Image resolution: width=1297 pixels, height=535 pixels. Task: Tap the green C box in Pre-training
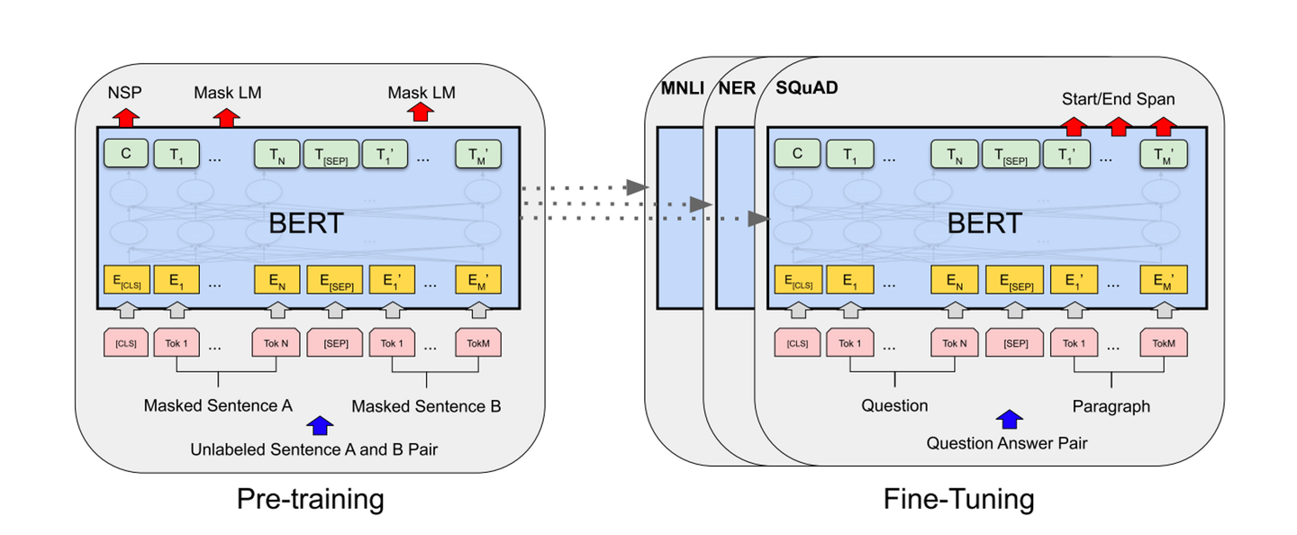click(126, 154)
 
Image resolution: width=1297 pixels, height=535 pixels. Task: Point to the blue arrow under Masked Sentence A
click(318, 424)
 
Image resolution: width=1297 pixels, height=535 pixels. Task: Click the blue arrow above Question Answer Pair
click(1010, 419)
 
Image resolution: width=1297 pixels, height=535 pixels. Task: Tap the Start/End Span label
click(1118, 98)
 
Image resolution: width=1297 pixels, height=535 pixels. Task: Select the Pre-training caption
click(310, 498)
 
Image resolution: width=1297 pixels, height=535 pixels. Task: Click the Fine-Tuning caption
click(957, 498)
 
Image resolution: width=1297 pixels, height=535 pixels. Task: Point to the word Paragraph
click(1111, 406)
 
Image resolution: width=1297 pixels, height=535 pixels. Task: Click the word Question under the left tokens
click(894, 405)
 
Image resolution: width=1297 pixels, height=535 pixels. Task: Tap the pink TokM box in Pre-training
click(477, 342)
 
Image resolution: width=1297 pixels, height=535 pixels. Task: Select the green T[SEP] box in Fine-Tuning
click(1010, 154)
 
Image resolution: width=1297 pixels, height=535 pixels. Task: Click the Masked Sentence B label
click(426, 406)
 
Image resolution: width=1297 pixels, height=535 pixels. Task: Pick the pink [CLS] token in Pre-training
click(125, 342)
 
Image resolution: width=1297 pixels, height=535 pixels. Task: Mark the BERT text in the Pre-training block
click(305, 222)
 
